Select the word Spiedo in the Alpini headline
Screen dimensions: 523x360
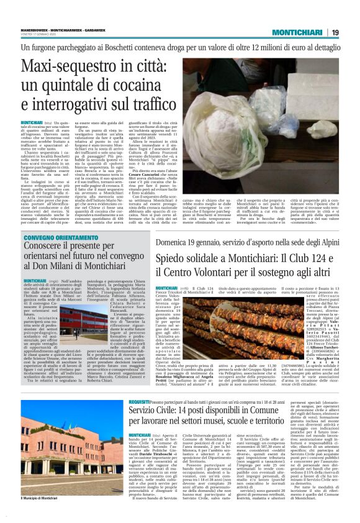pos(178,255)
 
